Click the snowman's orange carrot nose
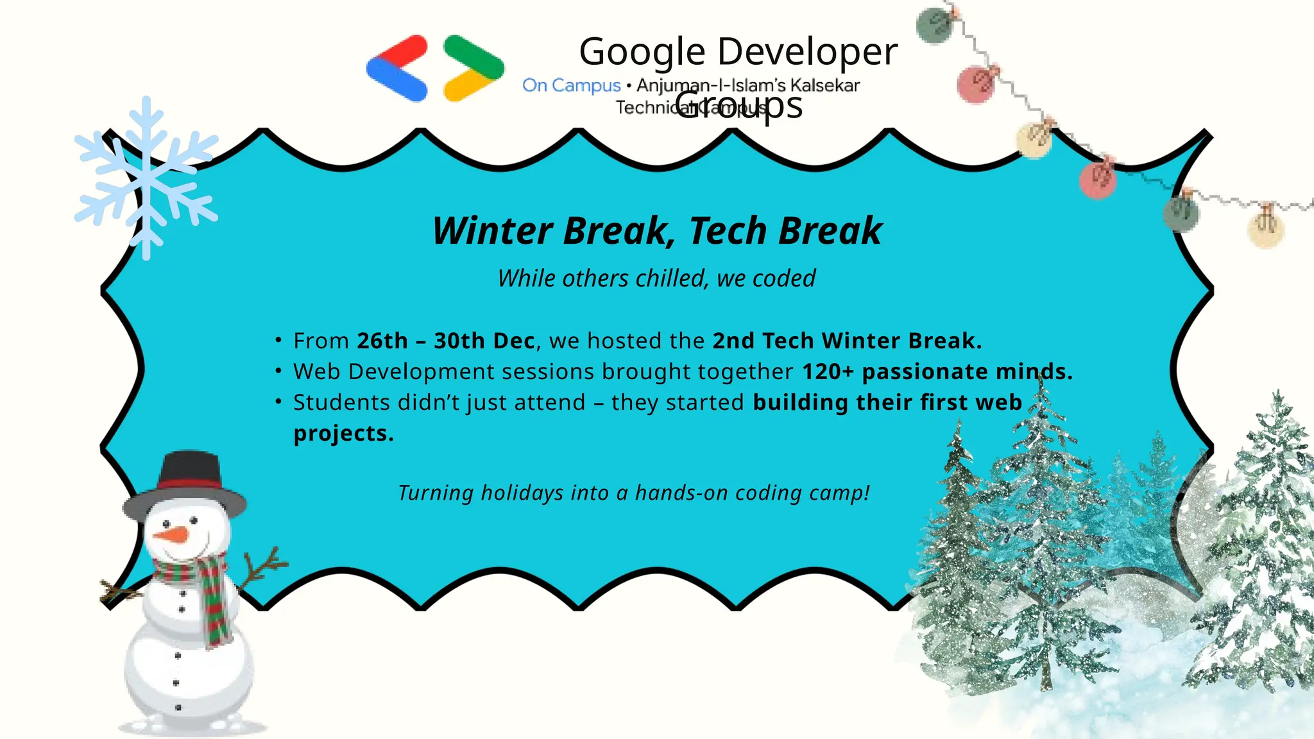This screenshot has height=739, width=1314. [x=172, y=534]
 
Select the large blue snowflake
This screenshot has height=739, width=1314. [x=146, y=178]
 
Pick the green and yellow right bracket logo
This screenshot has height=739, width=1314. [x=474, y=69]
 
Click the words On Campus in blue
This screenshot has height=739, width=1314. [x=571, y=85]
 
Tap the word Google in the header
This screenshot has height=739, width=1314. [x=642, y=52]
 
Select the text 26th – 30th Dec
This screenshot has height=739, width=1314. [x=445, y=341]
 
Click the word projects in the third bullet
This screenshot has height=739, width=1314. [x=343, y=433]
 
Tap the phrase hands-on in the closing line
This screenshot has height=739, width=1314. [x=681, y=493]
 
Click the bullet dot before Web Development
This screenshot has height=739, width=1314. [x=278, y=371]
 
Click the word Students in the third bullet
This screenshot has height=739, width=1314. [x=341, y=402]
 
